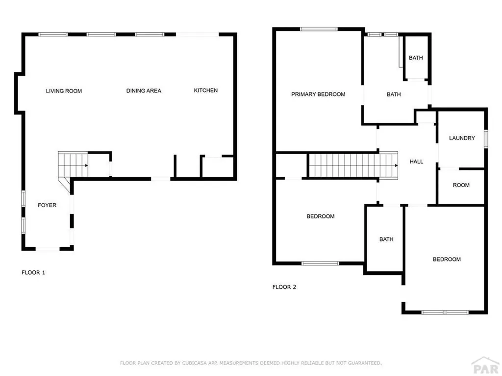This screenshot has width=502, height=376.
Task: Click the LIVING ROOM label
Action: coord(64,91)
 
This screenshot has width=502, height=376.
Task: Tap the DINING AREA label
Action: coord(144,91)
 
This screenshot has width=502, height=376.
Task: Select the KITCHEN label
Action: coord(206,91)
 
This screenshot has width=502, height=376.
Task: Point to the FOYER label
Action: coord(47,205)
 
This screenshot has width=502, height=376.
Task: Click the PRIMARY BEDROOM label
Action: coord(318,94)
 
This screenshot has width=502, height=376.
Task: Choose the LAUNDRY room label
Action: coord(462,138)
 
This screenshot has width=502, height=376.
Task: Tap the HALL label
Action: coord(416,162)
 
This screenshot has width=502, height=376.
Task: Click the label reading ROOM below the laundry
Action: coord(461,185)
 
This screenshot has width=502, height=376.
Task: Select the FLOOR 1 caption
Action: coord(33,272)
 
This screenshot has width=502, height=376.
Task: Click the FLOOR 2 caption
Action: coord(284,287)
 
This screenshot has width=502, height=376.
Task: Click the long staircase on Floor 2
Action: coord(352,165)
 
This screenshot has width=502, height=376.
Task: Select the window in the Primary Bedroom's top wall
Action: coord(319,29)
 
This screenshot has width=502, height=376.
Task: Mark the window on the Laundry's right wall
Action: coord(486,138)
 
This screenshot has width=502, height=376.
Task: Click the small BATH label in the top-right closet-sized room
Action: coord(416,58)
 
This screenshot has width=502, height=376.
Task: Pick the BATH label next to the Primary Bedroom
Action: coord(394,94)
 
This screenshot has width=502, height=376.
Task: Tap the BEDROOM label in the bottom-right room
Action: coord(447,259)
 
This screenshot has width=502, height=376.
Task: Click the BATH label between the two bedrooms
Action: coord(386,239)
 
